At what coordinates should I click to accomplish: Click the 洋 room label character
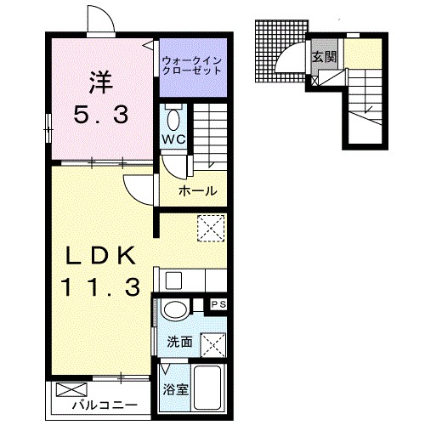[x=100, y=82]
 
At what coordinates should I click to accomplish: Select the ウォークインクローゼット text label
[x=193, y=64]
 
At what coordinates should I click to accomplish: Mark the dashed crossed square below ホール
[x=209, y=227]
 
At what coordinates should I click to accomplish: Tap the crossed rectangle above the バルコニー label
[x=67, y=392]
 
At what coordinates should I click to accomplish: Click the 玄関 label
[x=324, y=58]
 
